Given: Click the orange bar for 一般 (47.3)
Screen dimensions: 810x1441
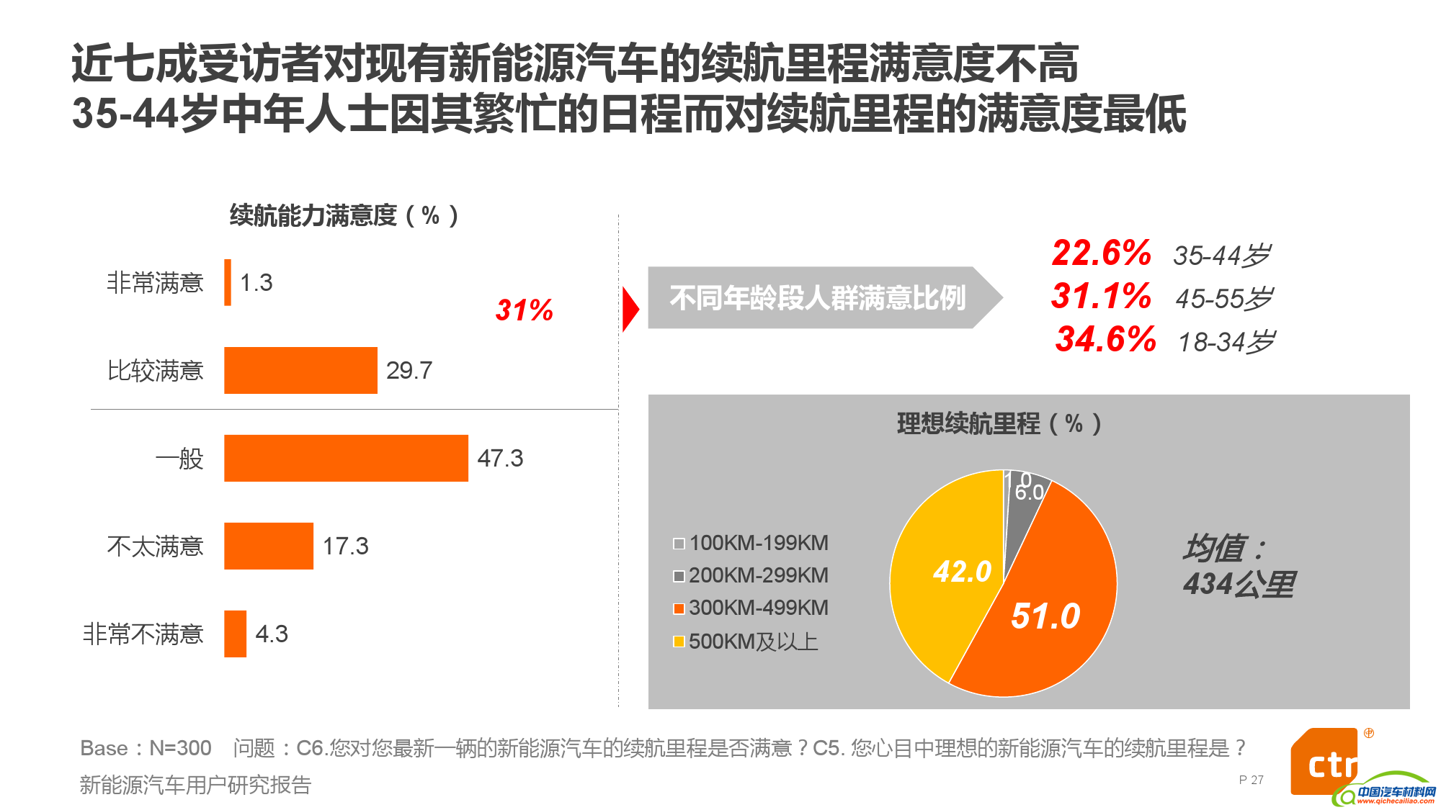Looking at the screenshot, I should pyautogui.click(x=346, y=458).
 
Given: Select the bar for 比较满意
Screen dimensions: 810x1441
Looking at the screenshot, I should pyautogui.click(x=300, y=370).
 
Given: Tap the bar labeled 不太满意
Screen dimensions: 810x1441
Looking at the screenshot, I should pyautogui.click(x=268, y=546).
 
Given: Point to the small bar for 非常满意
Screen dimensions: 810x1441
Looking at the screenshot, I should pyautogui.click(x=228, y=282).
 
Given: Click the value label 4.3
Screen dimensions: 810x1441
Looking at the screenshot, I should pyautogui.click(x=271, y=634).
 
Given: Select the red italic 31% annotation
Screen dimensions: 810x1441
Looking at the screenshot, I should pyautogui.click(x=524, y=310).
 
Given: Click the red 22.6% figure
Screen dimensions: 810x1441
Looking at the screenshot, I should pyautogui.click(x=1101, y=253).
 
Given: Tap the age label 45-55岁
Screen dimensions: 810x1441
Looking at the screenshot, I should pyautogui.click(x=1223, y=298).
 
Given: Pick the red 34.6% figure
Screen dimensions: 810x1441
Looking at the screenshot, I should pyautogui.click(x=1105, y=339).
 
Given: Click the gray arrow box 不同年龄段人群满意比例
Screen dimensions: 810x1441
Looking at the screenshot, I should pyautogui.click(x=818, y=297).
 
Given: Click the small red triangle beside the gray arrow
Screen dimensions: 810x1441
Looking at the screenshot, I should pyautogui.click(x=630, y=310).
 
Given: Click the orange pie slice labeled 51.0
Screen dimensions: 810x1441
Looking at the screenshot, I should pyautogui.click(x=1045, y=612).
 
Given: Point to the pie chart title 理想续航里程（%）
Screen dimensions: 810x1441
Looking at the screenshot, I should pyautogui.click(x=999, y=423).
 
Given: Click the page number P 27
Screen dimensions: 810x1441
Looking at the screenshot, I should pyautogui.click(x=1251, y=780).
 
